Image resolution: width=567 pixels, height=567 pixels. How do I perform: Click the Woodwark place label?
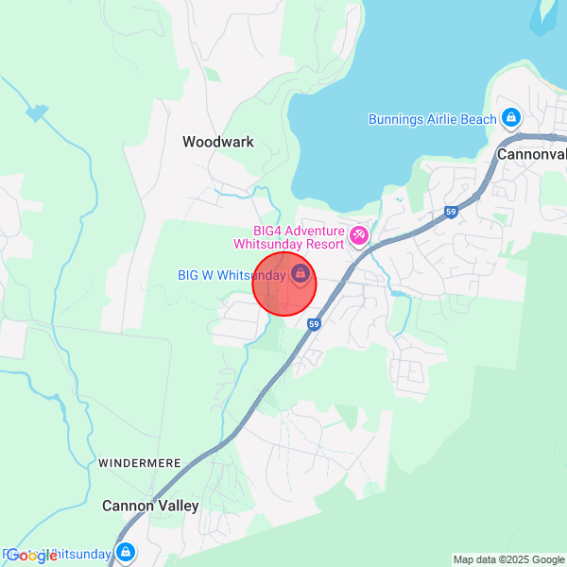point(218,142)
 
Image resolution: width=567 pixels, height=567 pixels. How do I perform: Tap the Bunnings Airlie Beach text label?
point(432,118)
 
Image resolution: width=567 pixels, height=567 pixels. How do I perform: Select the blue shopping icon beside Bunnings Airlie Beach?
point(511,117)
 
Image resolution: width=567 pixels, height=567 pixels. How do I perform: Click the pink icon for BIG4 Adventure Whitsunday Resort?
point(359,235)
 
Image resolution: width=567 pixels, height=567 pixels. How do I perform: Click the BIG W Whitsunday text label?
point(232,275)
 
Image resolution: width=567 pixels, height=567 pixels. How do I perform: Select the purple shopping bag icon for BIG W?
point(301,274)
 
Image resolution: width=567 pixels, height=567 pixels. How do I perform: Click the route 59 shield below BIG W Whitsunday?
point(314,324)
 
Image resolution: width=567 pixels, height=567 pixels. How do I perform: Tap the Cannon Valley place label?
point(151,506)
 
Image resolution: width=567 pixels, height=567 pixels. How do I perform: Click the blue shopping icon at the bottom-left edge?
point(127,552)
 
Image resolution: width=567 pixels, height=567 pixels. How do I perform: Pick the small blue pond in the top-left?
point(37,113)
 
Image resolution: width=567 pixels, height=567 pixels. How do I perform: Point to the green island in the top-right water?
point(546,14)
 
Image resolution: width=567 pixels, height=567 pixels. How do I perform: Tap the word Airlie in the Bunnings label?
point(450,118)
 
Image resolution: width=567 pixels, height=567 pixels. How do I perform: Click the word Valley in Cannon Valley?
point(178,506)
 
